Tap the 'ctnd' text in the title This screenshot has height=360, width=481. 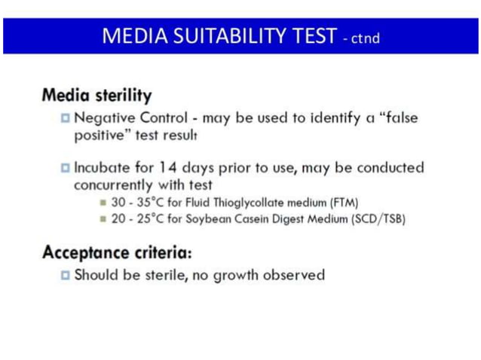[x=365, y=38]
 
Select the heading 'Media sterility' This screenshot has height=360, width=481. [x=97, y=96]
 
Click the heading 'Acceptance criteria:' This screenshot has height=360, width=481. [x=117, y=251]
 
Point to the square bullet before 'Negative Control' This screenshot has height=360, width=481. [x=66, y=118]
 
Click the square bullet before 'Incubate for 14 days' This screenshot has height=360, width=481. [x=66, y=167]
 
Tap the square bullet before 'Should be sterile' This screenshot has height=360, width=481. [x=66, y=275]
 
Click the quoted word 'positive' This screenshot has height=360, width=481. [x=103, y=136]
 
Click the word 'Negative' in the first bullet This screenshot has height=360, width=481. [x=103, y=118]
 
